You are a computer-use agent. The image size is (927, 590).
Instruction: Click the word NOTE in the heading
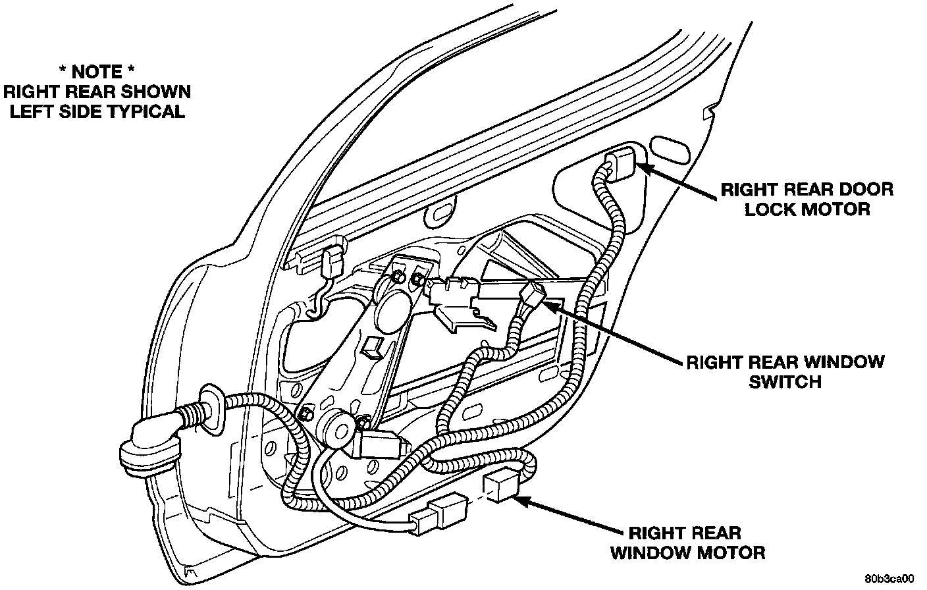(96, 72)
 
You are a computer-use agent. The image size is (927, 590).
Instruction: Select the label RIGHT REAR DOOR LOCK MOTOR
(807, 200)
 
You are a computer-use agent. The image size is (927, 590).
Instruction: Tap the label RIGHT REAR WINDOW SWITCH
(785, 371)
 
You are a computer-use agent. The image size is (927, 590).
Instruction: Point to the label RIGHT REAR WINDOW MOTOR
(687, 543)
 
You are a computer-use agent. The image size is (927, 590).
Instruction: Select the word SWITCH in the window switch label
(785, 381)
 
